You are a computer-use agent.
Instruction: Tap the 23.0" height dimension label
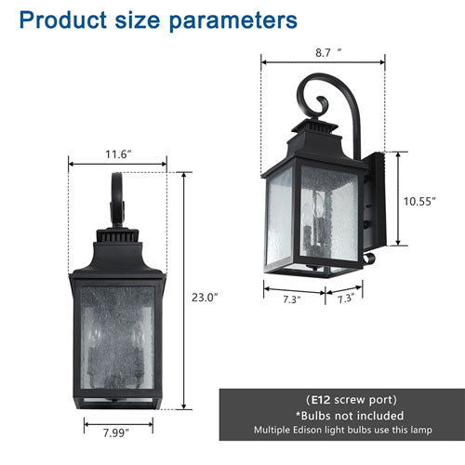[x=204, y=298]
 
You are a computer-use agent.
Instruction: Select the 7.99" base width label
[x=117, y=432]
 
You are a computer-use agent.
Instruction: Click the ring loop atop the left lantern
[x=117, y=200]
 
